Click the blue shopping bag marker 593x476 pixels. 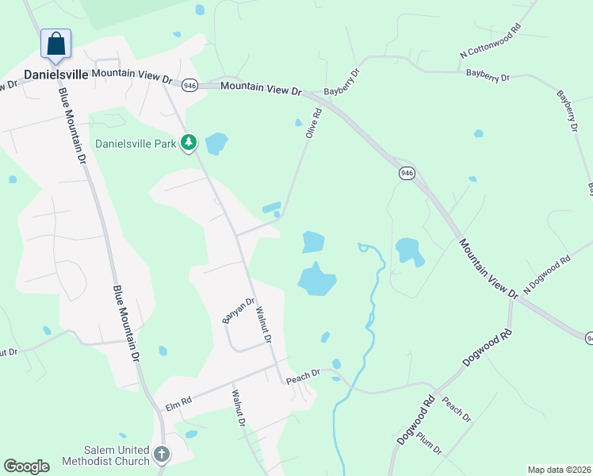[56, 44]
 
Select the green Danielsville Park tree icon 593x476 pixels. [188, 143]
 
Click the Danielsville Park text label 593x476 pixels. [135, 144]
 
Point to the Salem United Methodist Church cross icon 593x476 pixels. [161, 455]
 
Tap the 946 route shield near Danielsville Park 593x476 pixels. [189, 85]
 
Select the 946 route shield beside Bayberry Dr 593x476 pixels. [406, 173]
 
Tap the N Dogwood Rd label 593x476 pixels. [547, 271]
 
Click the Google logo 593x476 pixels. [26, 466]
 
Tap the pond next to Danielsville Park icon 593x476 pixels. [216, 144]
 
